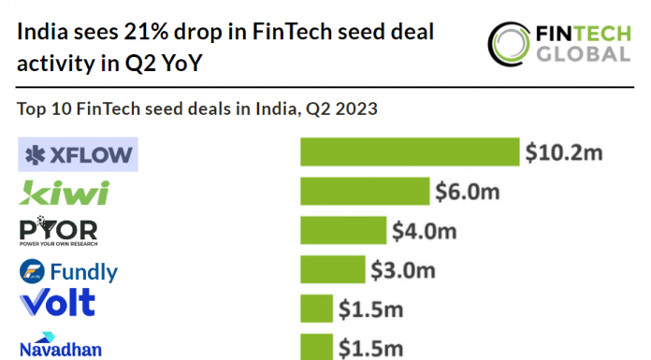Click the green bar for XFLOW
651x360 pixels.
(409, 152)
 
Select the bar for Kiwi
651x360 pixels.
(365, 191)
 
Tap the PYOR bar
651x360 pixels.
(343, 230)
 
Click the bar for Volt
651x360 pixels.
(316, 308)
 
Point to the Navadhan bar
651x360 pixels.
(316, 346)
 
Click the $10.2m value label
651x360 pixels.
(562, 152)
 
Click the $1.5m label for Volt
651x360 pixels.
(370, 308)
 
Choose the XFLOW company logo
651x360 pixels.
(79, 154)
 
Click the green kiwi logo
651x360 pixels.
(65, 193)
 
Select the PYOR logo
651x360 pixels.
(58, 230)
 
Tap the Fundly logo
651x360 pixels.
(69, 272)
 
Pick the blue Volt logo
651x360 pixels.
(57, 303)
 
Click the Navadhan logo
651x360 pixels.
(60, 344)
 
